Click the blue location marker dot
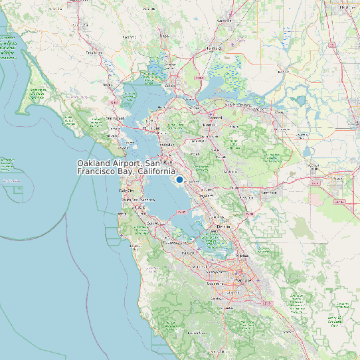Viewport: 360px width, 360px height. click(x=179, y=179)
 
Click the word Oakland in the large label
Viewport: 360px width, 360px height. click(x=98, y=163)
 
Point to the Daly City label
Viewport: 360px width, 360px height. click(x=126, y=190)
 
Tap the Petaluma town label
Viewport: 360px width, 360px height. click(x=93, y=52)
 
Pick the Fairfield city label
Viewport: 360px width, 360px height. click(x=214, y=48)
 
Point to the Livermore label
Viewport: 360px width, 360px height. click(x=268, y=193)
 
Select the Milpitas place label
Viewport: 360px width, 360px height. click(x=240, y=254)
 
